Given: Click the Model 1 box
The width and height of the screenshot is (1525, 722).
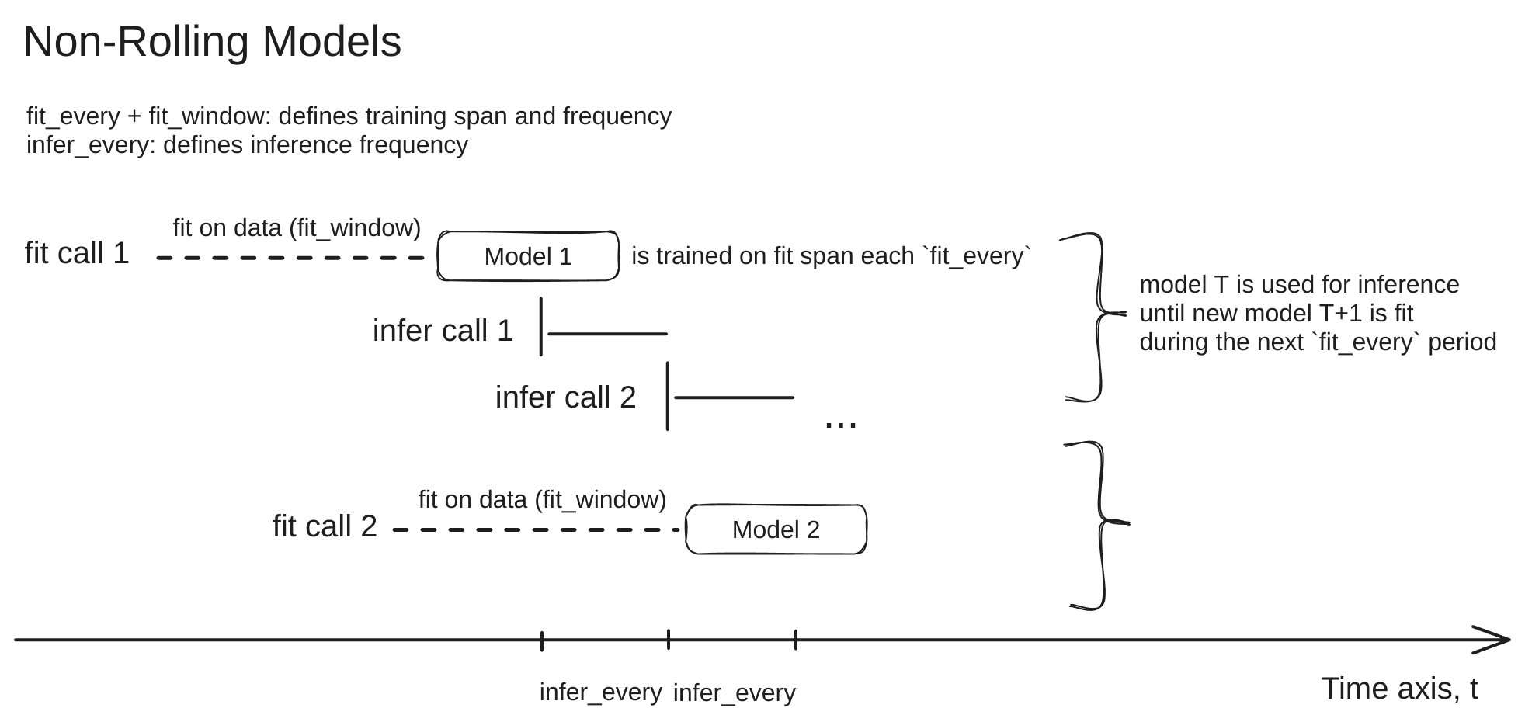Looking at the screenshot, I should [x=528, y=256].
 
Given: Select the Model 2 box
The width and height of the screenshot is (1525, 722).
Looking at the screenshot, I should [x=776, y=529].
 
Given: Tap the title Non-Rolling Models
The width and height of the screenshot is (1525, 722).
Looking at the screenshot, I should [x=212, y=42].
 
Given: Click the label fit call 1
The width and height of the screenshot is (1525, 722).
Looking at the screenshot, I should [x=77, y=254].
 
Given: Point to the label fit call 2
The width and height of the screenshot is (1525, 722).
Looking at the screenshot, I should [x=325, y=526].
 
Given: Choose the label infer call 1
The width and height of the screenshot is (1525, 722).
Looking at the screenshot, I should [x=443, y=331].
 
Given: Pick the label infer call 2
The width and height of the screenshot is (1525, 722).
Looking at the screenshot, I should [x=565, y=397].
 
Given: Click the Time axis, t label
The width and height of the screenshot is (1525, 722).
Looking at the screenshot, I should [x=1399, y=689].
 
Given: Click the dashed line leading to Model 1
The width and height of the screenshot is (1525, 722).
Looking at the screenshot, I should [x=291, y=258].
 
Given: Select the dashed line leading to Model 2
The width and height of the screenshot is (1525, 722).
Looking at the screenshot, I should [x=537, y=530].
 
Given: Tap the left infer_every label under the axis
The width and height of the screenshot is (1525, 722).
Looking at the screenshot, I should [x=600, y=692].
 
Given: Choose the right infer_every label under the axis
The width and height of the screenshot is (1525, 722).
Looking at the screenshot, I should [x=734, y=693].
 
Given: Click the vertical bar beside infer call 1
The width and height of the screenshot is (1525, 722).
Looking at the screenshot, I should [x=541, y=326].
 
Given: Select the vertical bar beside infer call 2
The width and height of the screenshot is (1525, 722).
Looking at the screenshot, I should [x=668, y=395].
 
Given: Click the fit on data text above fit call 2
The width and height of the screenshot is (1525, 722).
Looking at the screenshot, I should [x=542, y=500].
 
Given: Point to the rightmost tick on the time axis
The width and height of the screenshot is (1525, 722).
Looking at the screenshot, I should [x=796, y=640].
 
